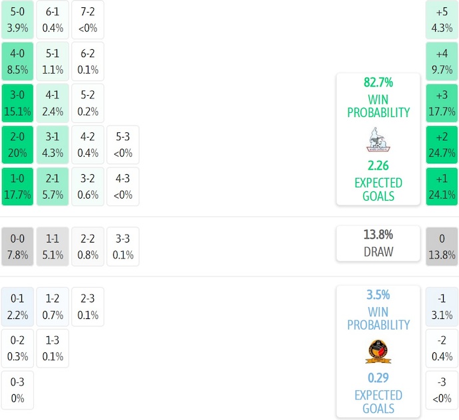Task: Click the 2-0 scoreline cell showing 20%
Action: coord(17,144)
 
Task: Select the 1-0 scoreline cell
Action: coord(17,186)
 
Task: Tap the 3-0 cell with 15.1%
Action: coord(17,102)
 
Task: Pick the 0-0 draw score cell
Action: coord(17,247)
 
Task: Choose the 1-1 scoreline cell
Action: coord(53,247)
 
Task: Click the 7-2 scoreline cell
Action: coord(88,20)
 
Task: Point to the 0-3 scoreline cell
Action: coord(17,390)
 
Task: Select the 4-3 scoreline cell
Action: coord(123,186)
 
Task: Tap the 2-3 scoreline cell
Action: coord(88,306)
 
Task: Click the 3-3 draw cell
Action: coord(123,247)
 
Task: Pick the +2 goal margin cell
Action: coord(442,144)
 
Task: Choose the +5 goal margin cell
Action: coord(442,20)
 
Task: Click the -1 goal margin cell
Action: coord(442,306)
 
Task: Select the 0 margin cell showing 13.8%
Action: coord(442,247)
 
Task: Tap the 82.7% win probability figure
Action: coord(379,83)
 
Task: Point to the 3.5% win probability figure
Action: coord(379,295)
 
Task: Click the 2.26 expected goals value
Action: coord(379,166)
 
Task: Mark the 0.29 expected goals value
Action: coord(379,379)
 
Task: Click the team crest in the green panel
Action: coord(379,140)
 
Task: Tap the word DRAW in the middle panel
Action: coord(379,252)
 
